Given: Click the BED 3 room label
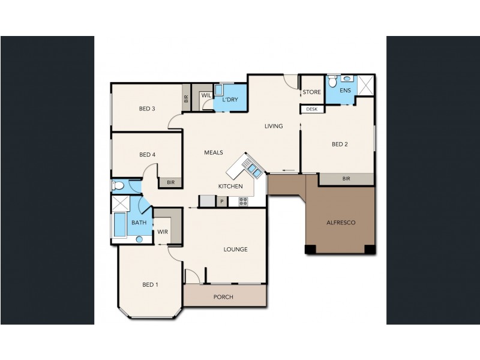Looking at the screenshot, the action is (147, 109).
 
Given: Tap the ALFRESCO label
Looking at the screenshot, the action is (341, 223).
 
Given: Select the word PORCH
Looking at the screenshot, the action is (223, 297).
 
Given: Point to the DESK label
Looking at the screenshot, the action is (311, 109).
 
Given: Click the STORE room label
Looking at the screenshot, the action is (311, 92).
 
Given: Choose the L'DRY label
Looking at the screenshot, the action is (230, 100).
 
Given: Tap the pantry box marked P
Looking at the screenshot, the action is (222, 202).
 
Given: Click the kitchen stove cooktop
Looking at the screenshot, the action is (244, 202).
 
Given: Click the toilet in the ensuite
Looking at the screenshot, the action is (332, 81).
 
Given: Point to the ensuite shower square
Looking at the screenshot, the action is (366, 85).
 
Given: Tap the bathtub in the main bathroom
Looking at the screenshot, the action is (119, 224).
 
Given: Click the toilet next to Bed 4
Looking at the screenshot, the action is (118, 185).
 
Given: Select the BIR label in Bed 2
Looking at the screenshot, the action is (346, 178).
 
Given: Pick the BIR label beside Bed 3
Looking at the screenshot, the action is (186, 98).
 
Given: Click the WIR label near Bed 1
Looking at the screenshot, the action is (163, 232).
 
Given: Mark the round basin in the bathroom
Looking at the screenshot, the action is (139, 239).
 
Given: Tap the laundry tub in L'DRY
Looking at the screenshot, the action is (218, 90).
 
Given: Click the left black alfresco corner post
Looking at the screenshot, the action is (310, 249).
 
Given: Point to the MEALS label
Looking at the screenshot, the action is (214, 152).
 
